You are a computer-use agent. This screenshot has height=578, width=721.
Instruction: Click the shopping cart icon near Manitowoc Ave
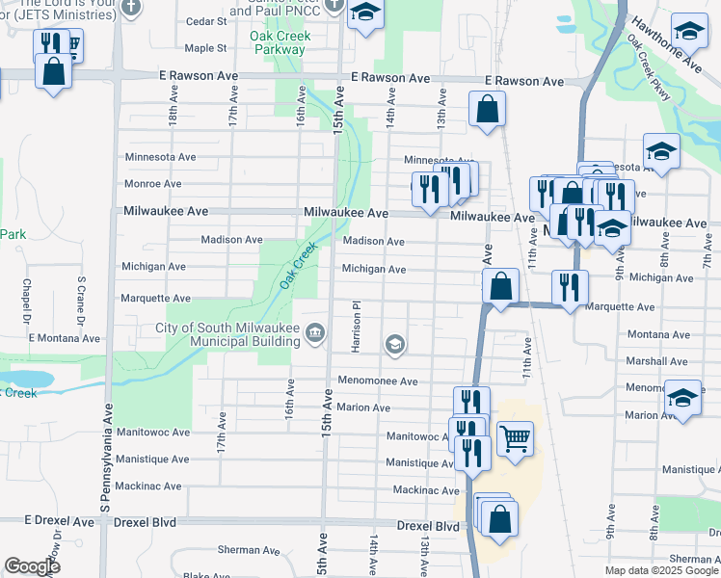tap(516, 438)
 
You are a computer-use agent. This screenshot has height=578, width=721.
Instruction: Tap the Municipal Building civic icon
tap(315, 334)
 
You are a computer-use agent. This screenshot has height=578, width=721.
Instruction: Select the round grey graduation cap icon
tap(394, 344)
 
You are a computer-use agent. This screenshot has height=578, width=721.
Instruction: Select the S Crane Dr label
tap(81, 301)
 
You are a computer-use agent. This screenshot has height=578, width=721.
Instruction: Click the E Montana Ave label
tap(65, 338)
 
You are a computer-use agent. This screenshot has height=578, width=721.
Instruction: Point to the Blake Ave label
tap(209, 575)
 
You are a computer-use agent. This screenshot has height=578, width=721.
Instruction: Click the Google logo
tap(31, 565)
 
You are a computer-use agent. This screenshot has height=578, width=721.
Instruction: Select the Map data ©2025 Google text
tap(660, 570)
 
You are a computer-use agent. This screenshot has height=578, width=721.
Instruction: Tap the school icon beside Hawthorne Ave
tap(689, 32)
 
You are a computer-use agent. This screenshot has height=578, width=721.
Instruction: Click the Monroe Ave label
tap(152, 183)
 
